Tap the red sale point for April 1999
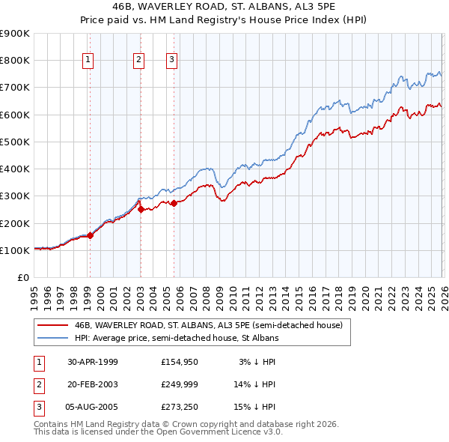click(90, 235)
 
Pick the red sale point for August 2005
click(173, 203)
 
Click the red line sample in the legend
click(53, 325)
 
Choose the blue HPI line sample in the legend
click(53, 338)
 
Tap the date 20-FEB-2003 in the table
click(92, 384)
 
